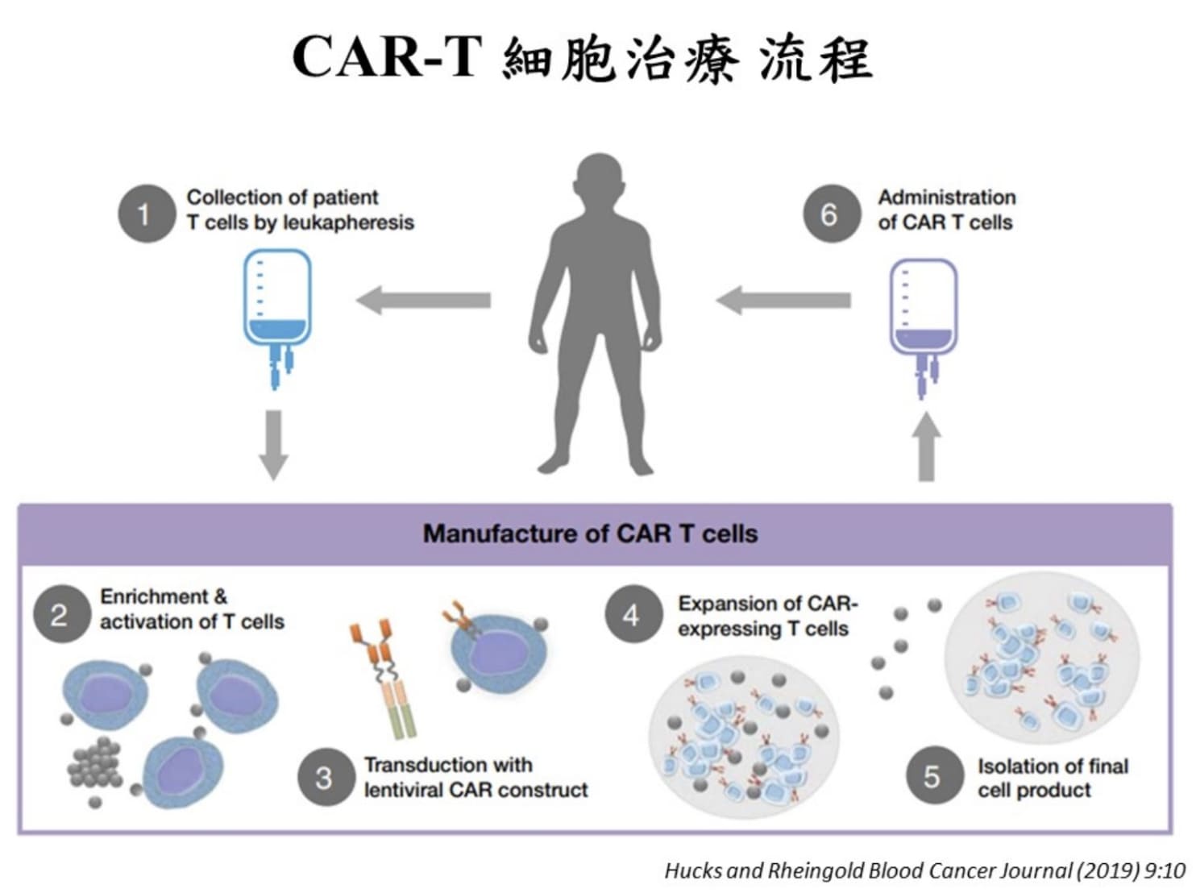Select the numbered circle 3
325,777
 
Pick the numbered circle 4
632,614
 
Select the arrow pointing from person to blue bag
424,301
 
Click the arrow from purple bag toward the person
783,301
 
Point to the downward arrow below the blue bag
274,444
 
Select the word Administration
947,197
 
